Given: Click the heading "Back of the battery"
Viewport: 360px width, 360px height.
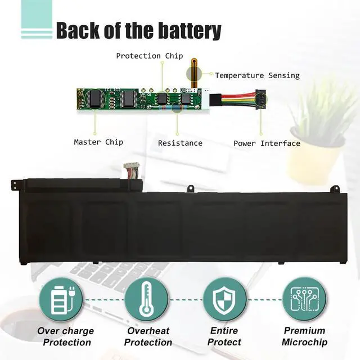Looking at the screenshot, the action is [x=138, y=31].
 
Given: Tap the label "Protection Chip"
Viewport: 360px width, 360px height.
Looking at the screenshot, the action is [x=149, y=56].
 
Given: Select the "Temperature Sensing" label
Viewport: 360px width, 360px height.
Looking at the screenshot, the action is [x=257, y=75].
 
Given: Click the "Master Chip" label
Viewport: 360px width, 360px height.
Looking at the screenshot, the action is [x=98, y=142].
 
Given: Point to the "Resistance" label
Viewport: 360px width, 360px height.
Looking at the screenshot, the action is [x=180, y=143].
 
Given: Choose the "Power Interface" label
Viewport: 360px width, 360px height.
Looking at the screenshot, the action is [x=267, y=143].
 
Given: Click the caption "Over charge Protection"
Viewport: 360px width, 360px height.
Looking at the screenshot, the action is [x=65, y=336].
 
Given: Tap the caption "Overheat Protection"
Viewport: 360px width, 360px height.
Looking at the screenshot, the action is [x=148, y=336].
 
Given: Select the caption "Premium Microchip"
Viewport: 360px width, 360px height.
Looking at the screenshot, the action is [x=304, y=336].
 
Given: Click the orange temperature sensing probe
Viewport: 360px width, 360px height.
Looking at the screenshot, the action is [x=194, y=70].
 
